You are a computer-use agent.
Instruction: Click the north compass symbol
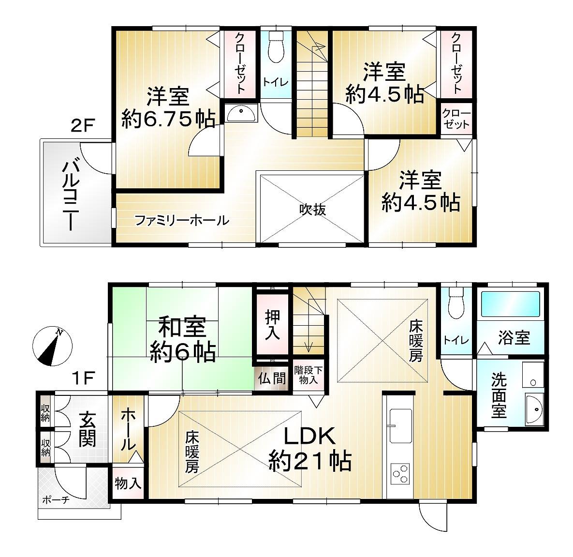coord(52,346)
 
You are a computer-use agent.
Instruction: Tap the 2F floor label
coord(83,126)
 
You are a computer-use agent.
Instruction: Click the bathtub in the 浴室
coord(510,304)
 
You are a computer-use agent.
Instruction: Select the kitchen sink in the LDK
coord(400,426)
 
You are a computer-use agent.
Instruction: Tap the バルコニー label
coord(71,196)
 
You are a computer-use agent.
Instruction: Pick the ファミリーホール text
coord(182,221)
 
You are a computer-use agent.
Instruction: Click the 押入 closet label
coord(273,325)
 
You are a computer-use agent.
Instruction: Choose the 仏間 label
coord(272,378)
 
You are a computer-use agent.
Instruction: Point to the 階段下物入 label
coord(309,375)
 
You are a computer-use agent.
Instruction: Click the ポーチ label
coord(56,499)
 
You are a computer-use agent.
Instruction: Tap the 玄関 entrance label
coord(88,429)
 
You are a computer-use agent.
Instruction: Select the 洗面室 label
coord(499,395)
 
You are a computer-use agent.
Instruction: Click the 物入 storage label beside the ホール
coord(128,483)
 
